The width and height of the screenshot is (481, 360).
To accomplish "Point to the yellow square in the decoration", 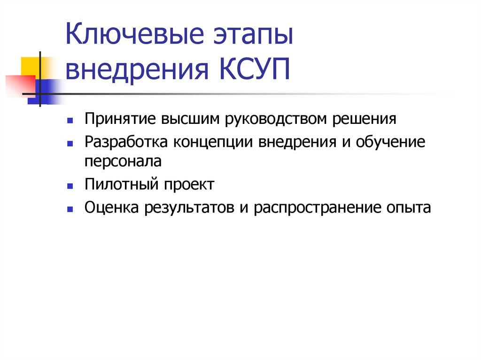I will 29,65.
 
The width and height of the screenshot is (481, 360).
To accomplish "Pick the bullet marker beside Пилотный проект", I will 69,186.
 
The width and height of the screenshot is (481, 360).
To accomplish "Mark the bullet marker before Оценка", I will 69,208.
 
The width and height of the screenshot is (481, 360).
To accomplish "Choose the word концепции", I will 213,142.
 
